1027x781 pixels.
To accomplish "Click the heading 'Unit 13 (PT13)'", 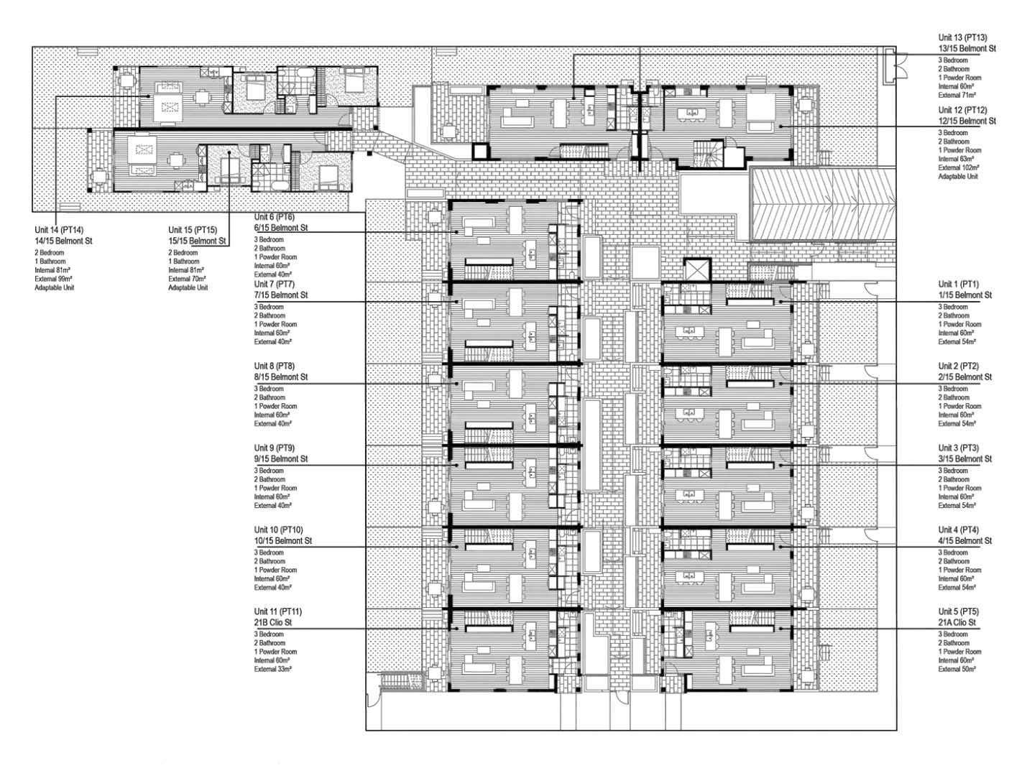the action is (962, 37).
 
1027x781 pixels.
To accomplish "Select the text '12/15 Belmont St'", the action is (967, 121).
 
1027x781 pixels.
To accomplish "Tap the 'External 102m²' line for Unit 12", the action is (959, 167).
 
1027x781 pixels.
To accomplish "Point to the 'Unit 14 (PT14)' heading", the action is (59, 230).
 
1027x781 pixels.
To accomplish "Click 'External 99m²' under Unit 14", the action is (53, 279).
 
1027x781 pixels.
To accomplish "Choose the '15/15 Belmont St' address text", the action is (197, 241).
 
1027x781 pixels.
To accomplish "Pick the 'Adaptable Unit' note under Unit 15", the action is (188, 287).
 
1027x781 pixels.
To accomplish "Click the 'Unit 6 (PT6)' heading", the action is (275, 217).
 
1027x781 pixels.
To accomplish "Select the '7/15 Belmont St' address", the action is (281, 295).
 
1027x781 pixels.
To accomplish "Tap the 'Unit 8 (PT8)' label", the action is (275, 366).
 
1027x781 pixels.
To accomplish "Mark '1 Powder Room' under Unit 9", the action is (275, 488).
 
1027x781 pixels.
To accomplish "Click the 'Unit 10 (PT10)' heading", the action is (279, 530).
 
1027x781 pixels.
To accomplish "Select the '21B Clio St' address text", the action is (273, 622).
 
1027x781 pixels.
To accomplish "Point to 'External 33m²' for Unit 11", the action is (273, 669).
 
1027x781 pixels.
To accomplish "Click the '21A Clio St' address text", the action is (957, 622).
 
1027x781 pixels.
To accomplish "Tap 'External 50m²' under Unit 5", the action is (957, 669).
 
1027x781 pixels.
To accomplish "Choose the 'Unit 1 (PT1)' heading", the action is (959, 284).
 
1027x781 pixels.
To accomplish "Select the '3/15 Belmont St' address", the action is (965, 459).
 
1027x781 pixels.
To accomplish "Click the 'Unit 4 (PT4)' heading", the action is (959, 530).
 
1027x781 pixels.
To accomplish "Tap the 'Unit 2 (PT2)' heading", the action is (959, 366).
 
